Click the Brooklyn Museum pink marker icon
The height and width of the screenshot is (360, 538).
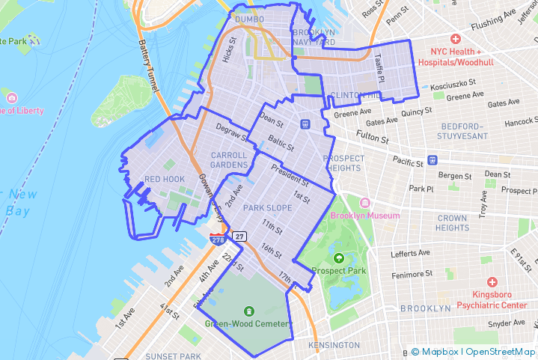pos(365,204)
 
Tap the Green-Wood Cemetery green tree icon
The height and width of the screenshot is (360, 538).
pos(248,311)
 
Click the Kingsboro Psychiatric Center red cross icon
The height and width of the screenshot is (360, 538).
pos(492,281)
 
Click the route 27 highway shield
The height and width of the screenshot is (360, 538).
pos(239,237)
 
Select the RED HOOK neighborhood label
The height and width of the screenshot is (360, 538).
pos(164,180)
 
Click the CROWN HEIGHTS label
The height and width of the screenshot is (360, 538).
pos(452,222)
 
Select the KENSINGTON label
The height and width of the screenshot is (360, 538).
pos(334,345)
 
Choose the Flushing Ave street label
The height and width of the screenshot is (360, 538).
pos(499,14)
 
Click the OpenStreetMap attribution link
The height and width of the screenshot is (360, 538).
pos(501,352)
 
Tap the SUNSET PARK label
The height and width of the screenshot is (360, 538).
pos(173,356)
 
